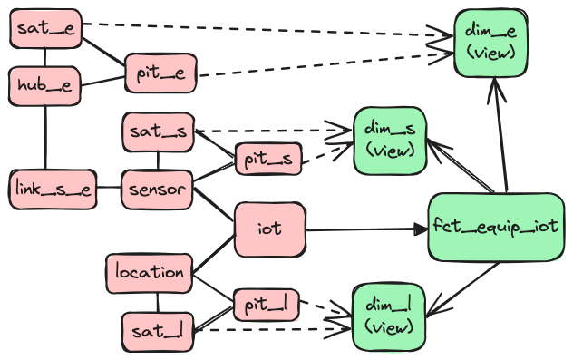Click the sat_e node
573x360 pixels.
pos(45,30)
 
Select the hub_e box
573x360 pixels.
pos(44,85)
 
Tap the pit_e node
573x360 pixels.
pos(160,73)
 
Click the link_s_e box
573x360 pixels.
pos(52,189)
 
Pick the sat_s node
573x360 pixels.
pos(158,132)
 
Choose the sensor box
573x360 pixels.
pos(157,190)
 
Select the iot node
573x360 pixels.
pos(269,229)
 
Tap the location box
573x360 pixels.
pos(150,272)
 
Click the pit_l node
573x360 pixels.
pos(266,305)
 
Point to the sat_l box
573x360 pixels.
pos(158,332)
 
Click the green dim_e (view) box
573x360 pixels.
pos(490,43)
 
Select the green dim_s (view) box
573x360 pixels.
pos(389,141)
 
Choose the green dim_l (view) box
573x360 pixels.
pos(388,316)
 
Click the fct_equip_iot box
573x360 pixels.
pos(494,227)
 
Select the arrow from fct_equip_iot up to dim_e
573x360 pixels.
pos(496,136)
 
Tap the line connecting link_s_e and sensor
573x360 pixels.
pos(108,189)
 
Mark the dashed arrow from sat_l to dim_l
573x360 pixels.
pos(272,330)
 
